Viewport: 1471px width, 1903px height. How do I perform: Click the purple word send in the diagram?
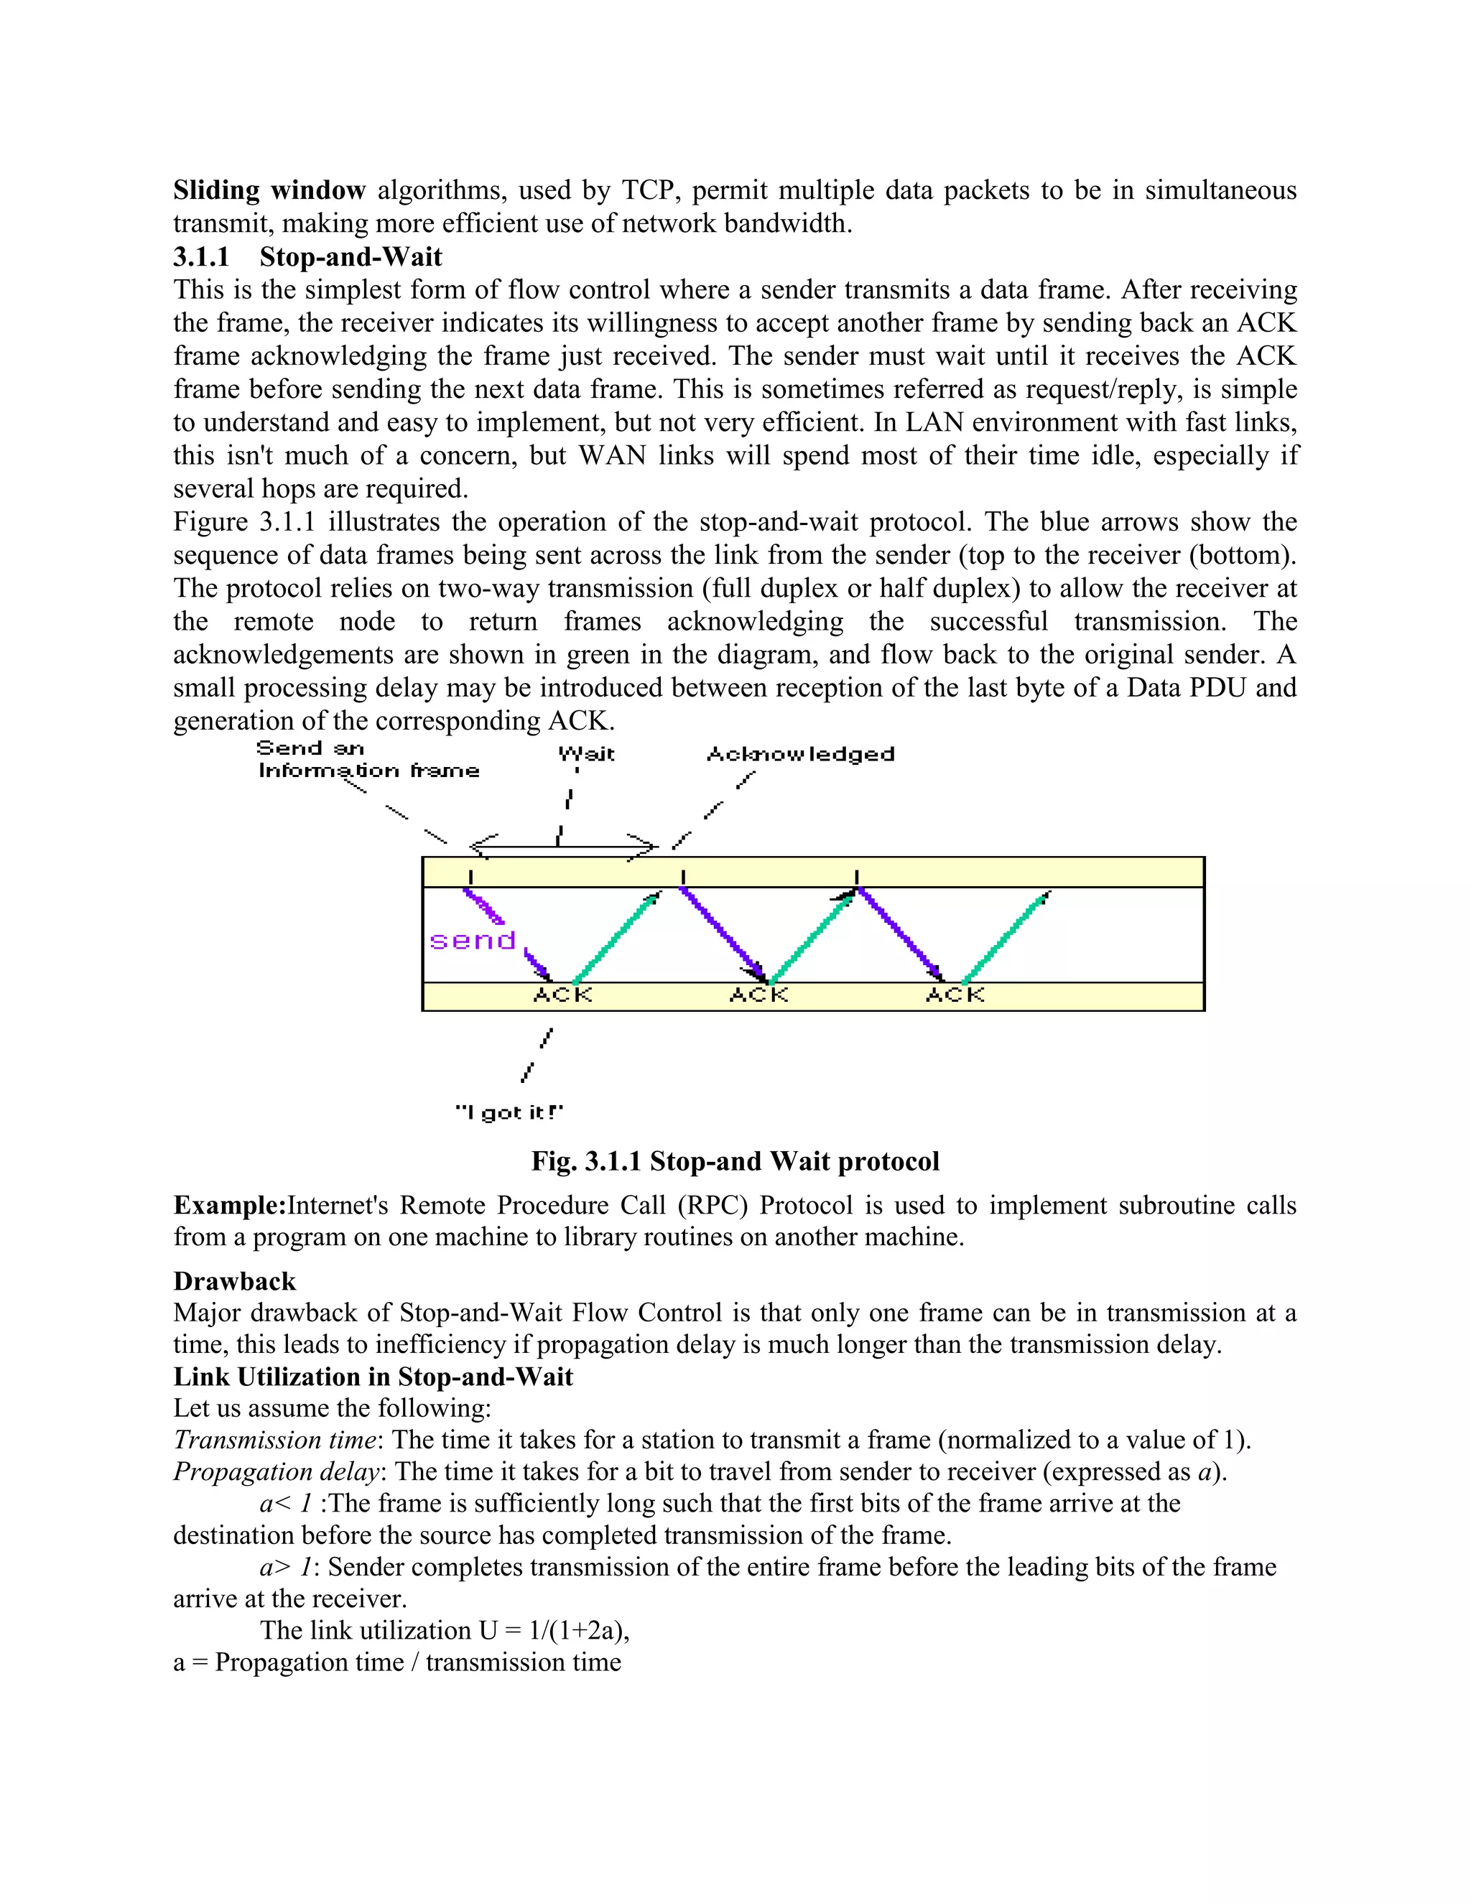473,941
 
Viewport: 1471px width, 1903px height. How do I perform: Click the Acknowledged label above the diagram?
800,754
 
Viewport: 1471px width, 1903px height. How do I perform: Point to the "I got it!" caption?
510,1112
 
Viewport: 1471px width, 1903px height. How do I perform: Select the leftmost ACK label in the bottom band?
562,995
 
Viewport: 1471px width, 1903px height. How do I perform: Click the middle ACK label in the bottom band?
758,995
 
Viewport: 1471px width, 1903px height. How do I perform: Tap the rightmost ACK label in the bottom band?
955,995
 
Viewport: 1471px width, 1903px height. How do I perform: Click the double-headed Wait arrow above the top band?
562,845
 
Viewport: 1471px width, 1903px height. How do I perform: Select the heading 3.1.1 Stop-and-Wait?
307,257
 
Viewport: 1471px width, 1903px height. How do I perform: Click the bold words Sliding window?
269,190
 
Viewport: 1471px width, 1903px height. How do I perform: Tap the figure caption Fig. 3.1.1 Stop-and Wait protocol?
735,1161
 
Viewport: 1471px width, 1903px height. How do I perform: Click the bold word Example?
230,1205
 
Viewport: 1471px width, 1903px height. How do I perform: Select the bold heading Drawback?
234,1281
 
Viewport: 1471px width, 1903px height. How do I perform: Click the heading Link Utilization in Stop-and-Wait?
373,1377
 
